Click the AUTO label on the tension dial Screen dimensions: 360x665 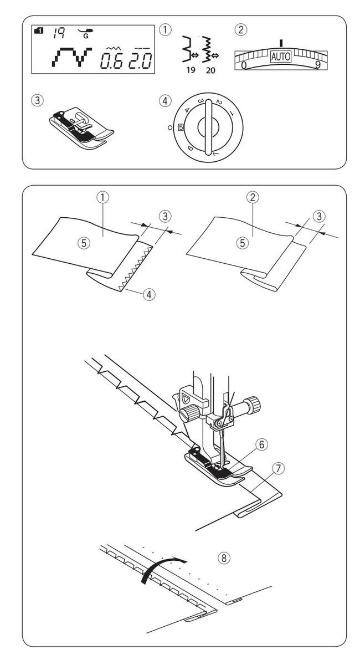[280, 57]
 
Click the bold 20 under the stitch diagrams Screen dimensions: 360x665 [208, 71]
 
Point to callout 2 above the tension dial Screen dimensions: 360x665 [239, 30]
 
